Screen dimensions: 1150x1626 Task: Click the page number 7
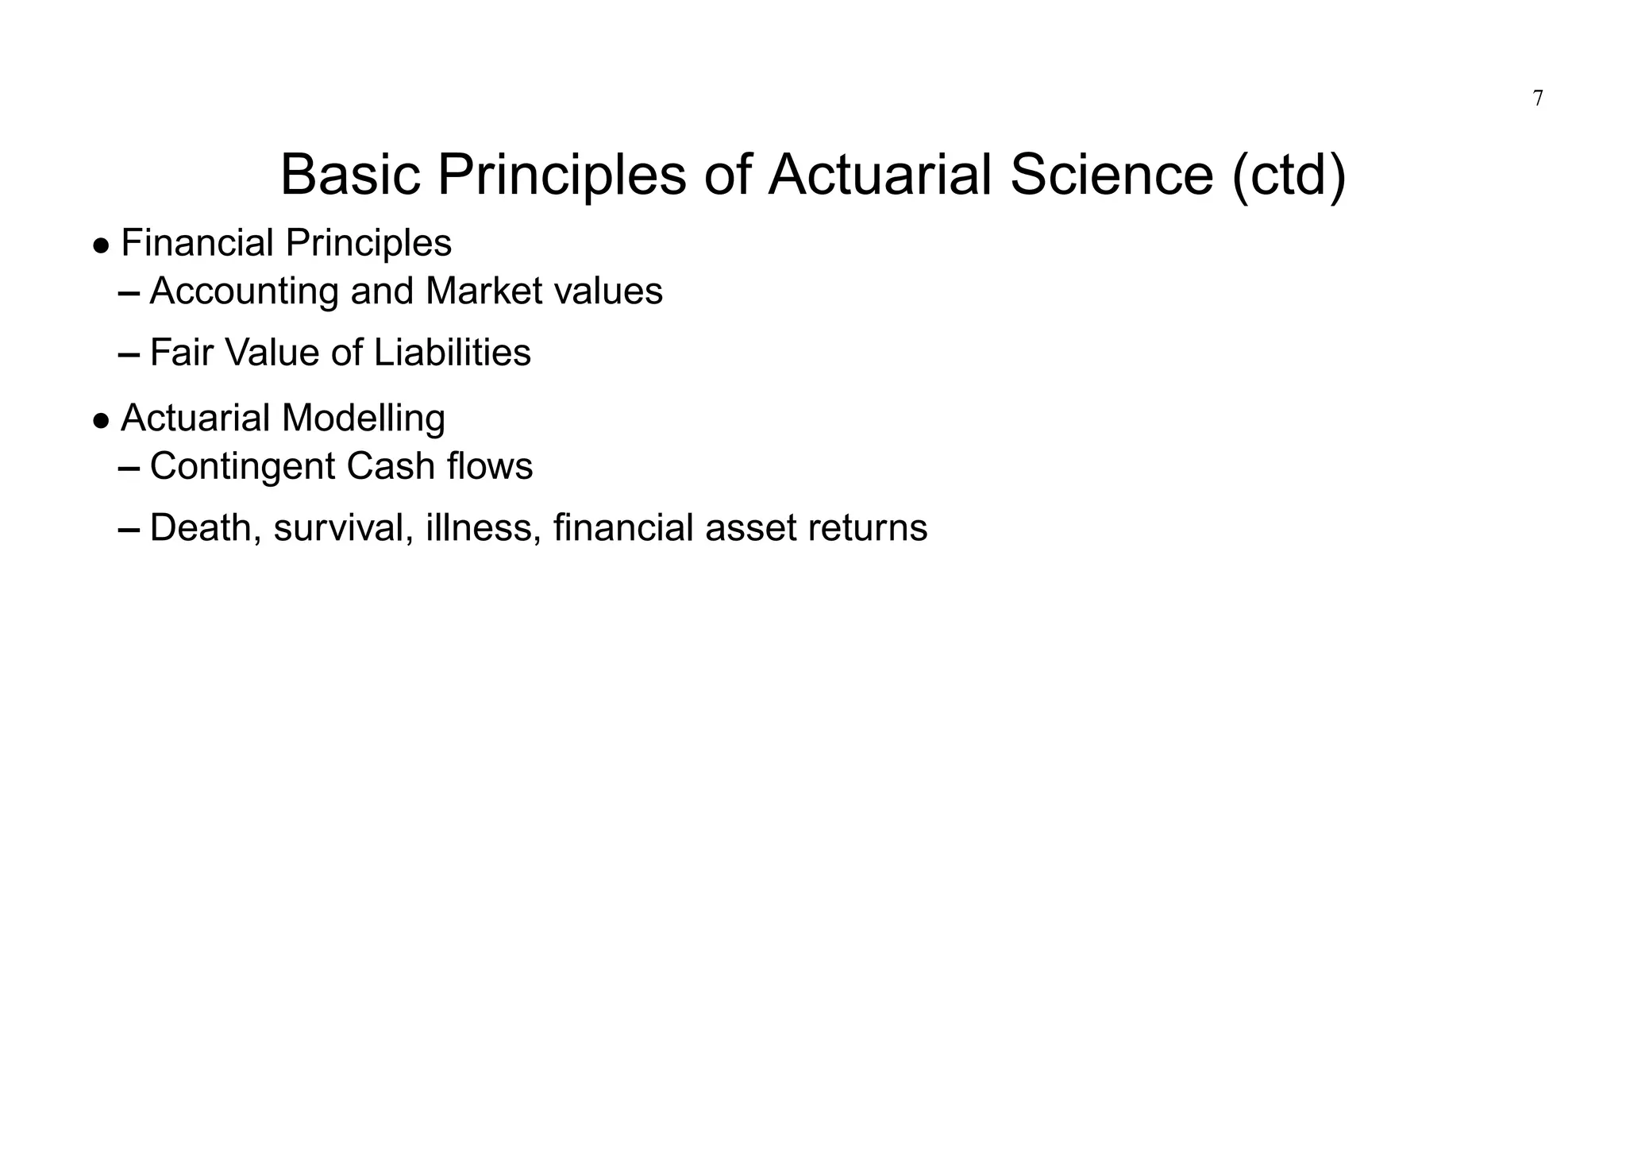tap(1538, 99)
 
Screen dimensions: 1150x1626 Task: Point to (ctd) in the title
tap(1289, 176)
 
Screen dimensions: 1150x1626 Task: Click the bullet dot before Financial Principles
tap(101, 245)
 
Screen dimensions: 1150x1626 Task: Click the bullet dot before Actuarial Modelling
tap(101, 421)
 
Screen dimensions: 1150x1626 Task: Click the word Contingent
tap(243, 467)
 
